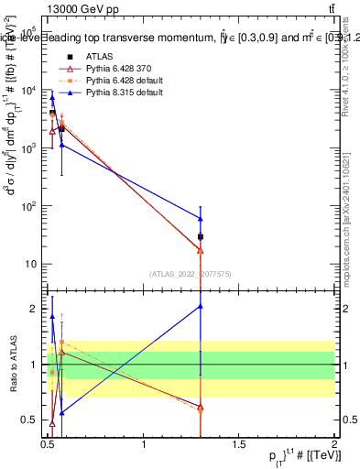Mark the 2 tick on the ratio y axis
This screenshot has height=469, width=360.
36,309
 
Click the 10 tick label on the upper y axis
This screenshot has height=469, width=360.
30,264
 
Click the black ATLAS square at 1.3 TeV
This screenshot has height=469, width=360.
201,237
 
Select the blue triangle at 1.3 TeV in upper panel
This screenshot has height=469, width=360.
201,219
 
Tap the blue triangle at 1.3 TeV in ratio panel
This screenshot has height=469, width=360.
201,306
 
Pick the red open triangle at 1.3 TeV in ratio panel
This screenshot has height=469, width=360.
201,407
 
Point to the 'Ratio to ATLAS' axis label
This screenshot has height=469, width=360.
12,365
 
